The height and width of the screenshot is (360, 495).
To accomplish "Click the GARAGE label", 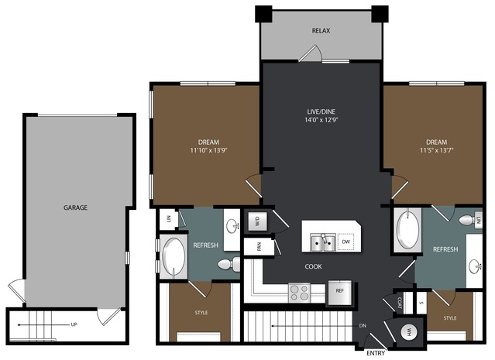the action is tap(75, 207).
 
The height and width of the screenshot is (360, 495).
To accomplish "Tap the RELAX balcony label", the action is tap(321, 31).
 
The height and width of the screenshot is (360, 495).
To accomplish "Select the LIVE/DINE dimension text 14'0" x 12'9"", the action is tap(321, 120).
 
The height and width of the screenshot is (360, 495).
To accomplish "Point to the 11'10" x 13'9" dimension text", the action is tap(208, 150).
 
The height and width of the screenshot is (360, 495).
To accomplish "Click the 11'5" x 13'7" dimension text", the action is tap(437, 150).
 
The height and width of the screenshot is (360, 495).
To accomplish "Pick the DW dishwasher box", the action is tap(346, 242).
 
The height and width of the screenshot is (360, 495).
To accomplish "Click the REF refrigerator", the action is tap(339, 292).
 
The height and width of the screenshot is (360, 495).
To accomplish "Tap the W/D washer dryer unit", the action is tap(258, 221).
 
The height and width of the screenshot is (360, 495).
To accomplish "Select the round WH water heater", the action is tap(409, 332).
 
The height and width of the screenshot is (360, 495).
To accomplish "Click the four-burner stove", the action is tap(299, 293).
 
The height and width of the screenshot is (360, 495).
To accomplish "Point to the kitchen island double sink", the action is tap(322, 242).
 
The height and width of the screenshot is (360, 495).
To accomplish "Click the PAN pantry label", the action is tap(260, 246).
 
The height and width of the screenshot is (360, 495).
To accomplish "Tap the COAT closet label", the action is tap(400, 303).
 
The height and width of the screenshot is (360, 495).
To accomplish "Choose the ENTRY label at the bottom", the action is tap(376, 353).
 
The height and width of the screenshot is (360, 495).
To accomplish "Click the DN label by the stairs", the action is tap(363, 326).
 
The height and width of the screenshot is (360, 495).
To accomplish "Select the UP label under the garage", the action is tap(74, 324).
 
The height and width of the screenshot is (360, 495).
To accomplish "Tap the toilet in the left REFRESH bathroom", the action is tap(229, 264).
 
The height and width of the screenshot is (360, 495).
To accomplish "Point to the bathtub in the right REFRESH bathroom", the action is tap(408, 229).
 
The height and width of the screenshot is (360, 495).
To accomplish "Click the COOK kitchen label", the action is tap(314, 266).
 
